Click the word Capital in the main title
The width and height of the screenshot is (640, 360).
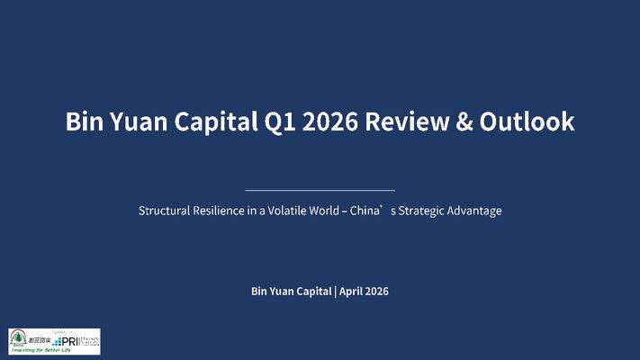click(215, 122)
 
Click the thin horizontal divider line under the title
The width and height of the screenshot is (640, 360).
click(320, 191)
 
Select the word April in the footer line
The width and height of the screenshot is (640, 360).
click(353, 292)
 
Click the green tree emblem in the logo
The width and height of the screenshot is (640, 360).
click(18, 338)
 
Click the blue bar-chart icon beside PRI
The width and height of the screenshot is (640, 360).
click(58, 341)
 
